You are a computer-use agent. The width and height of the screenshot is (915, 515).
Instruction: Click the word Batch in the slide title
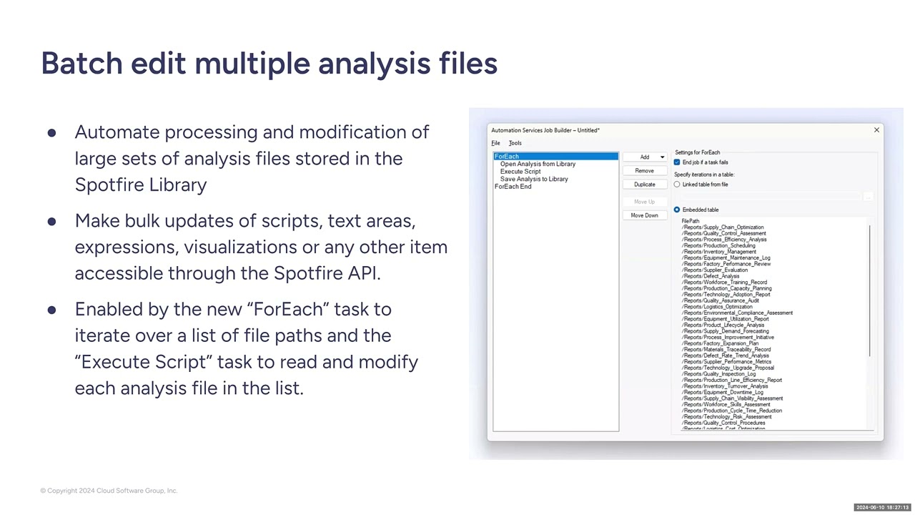(x=81, y=64)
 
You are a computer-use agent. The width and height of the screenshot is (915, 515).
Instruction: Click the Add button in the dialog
(x=644, y=157)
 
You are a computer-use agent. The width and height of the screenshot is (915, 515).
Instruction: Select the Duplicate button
(x=644, y=185)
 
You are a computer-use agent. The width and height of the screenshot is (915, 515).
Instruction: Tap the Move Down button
(x=644, y=215)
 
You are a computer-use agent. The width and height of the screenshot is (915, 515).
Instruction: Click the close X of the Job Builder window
(x=876, y=130)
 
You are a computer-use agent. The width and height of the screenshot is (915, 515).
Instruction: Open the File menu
(x=495, y=143)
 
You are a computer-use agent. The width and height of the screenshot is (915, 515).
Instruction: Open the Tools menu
(x=515, y=143)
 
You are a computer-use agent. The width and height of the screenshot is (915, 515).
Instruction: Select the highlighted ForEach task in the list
(x=507, y=157)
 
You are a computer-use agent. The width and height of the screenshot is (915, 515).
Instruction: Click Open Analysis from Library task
(x=538, y=164)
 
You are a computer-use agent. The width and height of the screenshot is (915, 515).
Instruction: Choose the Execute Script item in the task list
(x=520, y=172)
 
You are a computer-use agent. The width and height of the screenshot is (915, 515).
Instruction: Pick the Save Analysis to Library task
(x=534, y=179)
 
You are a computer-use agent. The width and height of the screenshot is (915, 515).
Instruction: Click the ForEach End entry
(x=513, y=187)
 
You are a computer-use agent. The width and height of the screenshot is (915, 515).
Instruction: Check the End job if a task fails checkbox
(x=677, y=162)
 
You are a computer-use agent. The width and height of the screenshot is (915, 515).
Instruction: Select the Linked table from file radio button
(x=677, y=185)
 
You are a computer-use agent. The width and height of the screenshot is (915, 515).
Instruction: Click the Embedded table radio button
(x=677, y=210)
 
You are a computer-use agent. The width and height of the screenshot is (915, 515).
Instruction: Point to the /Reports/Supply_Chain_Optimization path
(x=723, y=227)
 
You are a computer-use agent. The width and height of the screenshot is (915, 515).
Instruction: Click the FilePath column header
(x=691, y=221)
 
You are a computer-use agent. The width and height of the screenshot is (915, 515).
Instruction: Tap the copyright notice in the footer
(x=109, y=491)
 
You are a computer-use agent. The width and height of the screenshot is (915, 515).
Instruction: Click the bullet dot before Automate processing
(x=51, y=133)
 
